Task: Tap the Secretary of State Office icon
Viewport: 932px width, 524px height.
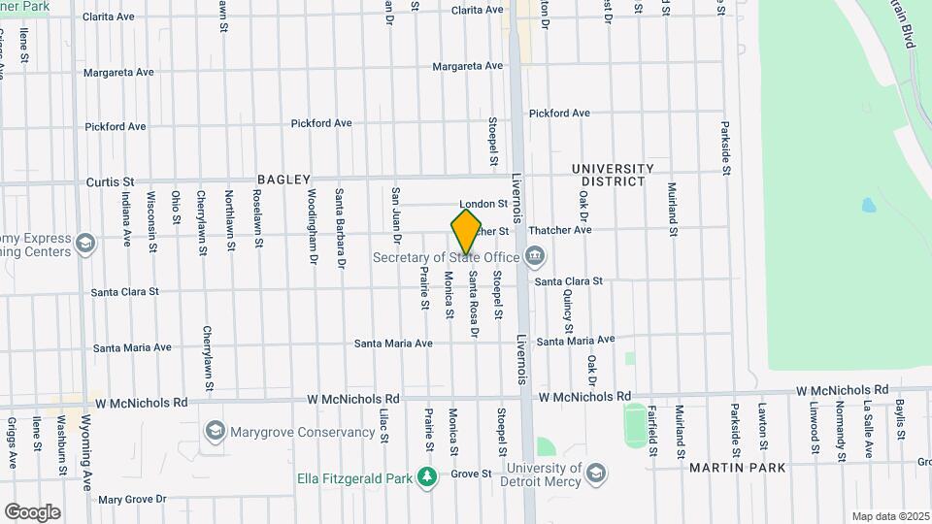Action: coord(534,257)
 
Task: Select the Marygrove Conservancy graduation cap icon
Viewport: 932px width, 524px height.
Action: coord(215,431)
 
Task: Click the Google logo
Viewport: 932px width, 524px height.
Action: coord(32,511)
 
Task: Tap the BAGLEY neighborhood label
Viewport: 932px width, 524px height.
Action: coord(283,180)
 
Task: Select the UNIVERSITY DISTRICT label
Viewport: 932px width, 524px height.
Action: coord(613,175)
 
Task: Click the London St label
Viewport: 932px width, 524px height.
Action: coord(483,204)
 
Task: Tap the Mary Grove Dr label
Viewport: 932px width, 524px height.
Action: coord(133,499)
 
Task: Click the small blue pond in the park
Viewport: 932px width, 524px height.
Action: coord(867,205)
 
